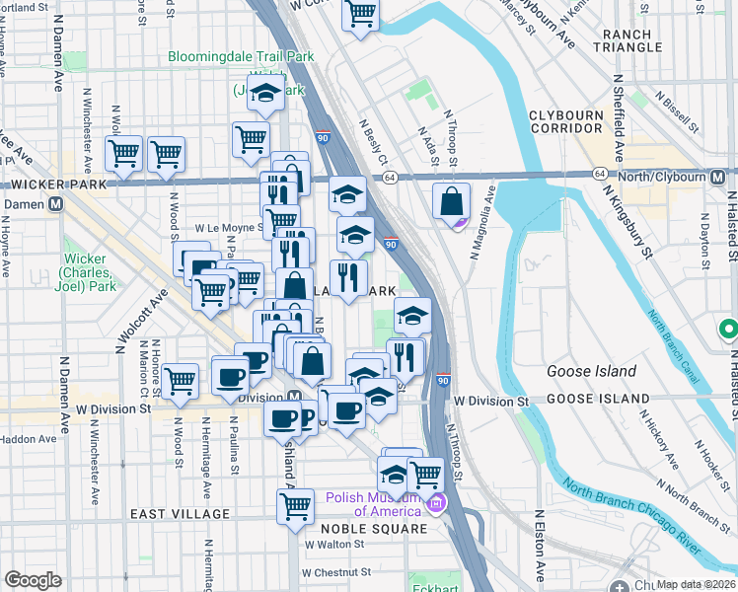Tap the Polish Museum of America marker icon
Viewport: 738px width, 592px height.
[435, 505]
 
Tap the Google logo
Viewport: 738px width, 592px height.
[33, 579]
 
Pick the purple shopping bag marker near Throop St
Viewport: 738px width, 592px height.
[451, 202]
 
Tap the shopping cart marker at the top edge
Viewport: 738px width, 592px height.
[361, 14]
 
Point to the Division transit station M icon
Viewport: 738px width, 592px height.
[294, 398]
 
